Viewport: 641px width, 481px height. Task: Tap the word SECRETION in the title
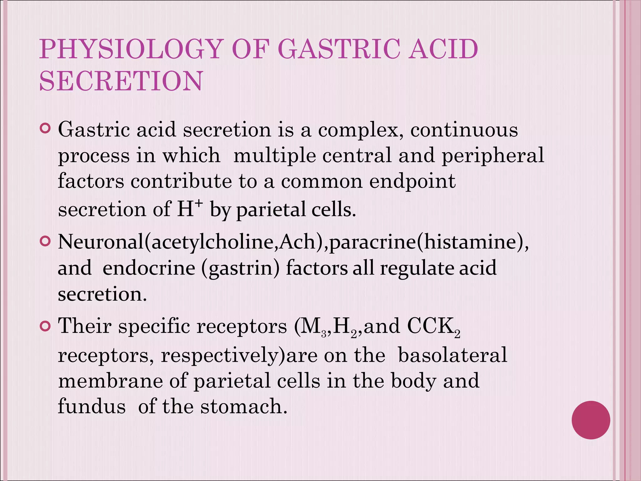click(121, 81)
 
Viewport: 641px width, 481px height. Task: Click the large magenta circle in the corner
click(591, 420)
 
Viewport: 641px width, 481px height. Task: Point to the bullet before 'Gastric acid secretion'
click(45, 128)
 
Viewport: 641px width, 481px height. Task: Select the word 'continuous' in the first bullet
click(464, 129)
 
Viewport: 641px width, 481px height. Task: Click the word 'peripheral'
click(493, 156)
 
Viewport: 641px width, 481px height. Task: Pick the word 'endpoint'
click(412, 181)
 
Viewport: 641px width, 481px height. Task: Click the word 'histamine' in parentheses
click(468, 242)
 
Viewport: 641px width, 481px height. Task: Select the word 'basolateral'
click(452, 355)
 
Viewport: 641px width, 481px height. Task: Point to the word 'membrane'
click(110, 381)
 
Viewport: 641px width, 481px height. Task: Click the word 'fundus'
click(92, 406)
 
